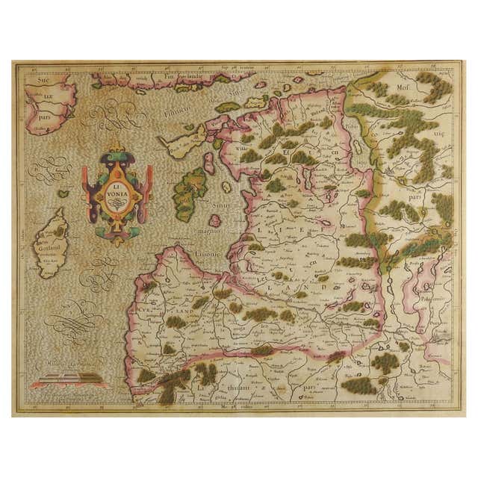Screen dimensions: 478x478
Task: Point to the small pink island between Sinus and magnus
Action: coord(215,220)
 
